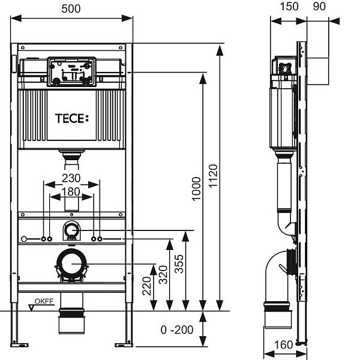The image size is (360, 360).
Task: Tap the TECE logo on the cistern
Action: [x=71, y=118]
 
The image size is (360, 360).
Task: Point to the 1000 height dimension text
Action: [x=196, y=188]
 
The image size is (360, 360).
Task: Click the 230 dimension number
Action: [x=71, y=179]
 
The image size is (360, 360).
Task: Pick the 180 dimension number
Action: [x=71, y=191]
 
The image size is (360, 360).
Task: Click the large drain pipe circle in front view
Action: [x=71, y=264]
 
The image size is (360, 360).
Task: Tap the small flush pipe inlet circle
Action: [x=71, y=230]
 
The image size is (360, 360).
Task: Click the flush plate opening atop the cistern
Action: [x=71, y=70]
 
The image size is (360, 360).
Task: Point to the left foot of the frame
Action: [x=20, y=343]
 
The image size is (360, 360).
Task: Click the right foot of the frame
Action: [x=124, y=343]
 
